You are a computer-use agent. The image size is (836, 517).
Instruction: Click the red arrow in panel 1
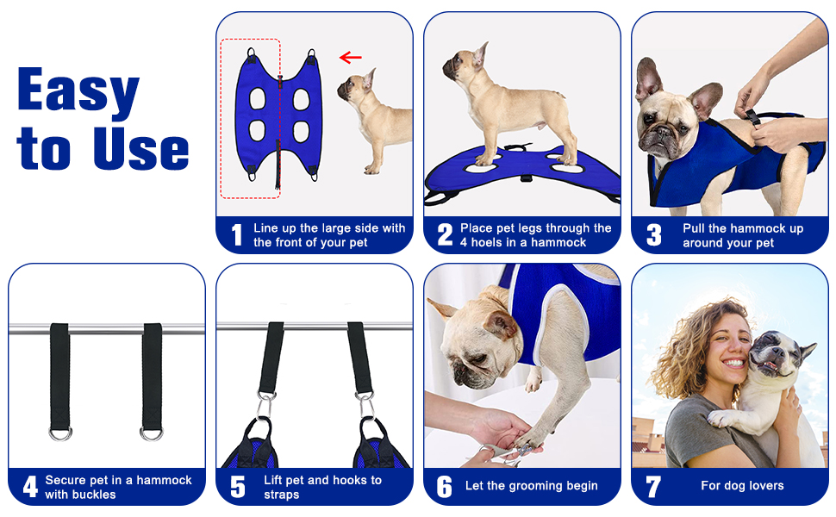coord(350,58)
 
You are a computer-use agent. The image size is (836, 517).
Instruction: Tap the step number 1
coord(237,235)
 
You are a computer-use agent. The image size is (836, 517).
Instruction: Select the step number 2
coord(445,235)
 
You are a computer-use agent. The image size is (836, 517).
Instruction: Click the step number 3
coord(653,235)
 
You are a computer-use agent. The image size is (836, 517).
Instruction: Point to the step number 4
coord(30,487)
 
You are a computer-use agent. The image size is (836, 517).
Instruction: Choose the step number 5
coord(238,487)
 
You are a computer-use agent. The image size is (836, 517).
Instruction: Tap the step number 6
coord(445,487)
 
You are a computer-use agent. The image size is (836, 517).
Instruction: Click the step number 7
coord(653,487)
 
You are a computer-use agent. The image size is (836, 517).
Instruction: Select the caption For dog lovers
coord(742,486)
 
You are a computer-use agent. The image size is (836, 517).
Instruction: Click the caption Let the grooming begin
coord(531,486)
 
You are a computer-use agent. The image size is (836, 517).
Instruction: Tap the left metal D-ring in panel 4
coord(60,433)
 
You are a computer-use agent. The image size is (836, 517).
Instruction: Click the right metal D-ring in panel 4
coord(152,433)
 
